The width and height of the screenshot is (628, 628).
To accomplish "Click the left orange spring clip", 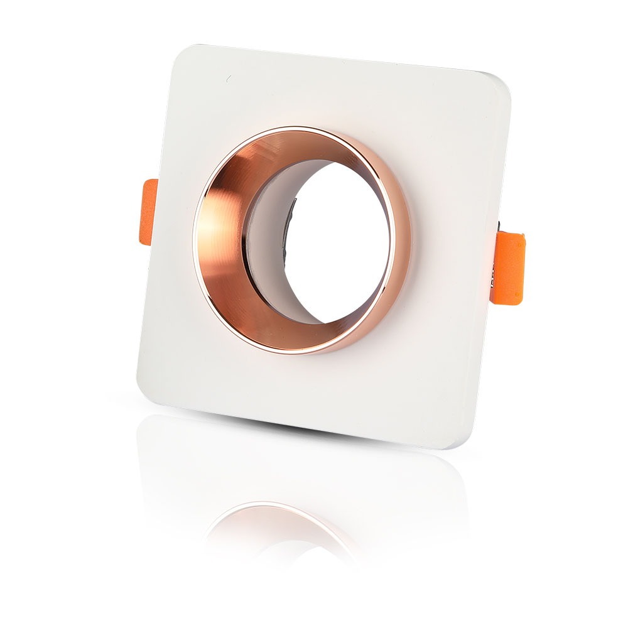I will coord(149,213).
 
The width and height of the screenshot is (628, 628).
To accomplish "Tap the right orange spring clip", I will coord(509,268).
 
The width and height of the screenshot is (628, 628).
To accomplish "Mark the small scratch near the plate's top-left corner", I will coord(228,79).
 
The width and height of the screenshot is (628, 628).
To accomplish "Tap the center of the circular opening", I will coord(333,242).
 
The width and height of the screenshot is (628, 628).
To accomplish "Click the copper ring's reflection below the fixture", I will coord(276,521).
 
